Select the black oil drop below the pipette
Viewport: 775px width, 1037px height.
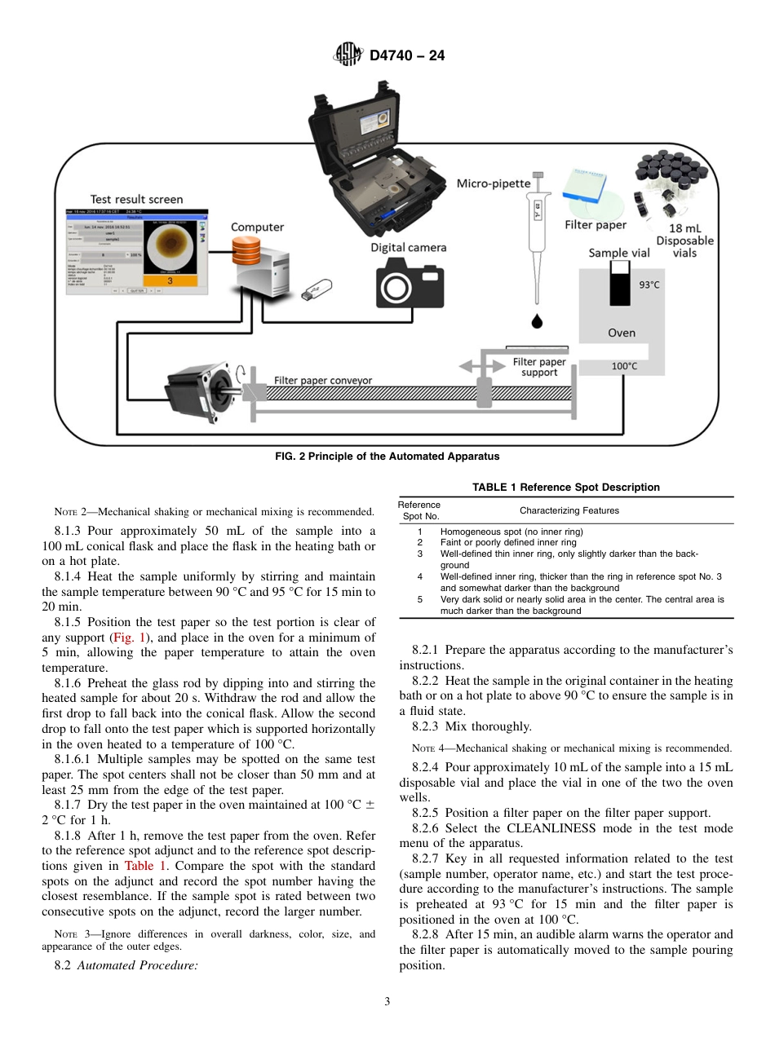pos(536,320)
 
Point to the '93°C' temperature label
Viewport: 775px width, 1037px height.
pos(649,285)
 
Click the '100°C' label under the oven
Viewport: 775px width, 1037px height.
pos(624,366)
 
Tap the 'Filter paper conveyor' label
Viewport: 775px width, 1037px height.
pos(322,380)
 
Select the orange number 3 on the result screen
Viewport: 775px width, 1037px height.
pos(168,280)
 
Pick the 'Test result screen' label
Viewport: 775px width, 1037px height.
pos(136,199)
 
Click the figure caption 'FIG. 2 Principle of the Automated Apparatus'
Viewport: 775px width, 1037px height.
pos(387,457)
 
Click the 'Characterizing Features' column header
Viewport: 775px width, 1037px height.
pos(569,510)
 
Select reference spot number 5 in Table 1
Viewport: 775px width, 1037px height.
pos(420,599)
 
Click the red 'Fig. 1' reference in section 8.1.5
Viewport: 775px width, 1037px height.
pos(128,638)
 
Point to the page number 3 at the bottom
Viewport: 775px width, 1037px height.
pos(387,1002)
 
